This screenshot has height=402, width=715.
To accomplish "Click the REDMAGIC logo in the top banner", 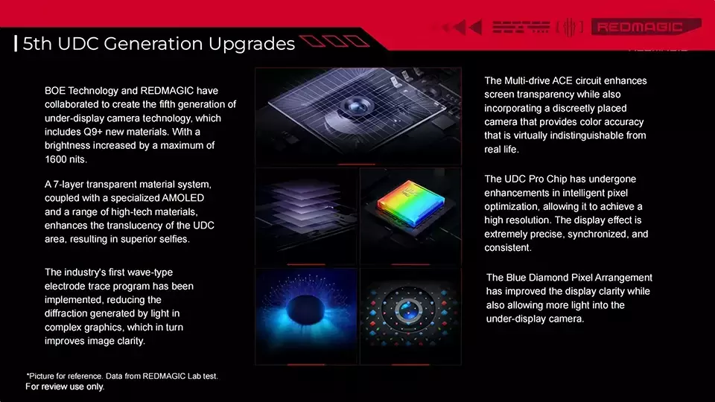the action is point(646,27).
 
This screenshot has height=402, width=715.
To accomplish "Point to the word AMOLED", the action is point(183,198).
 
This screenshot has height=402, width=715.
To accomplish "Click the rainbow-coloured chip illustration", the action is point(410,203).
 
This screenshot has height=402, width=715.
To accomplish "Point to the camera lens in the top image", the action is point(356,106).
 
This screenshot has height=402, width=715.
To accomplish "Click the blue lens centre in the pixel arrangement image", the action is point(409,310).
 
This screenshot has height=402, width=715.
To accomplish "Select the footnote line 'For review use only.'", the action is point(65,387).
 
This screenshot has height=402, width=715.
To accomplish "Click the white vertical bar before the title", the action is point(16,44).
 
